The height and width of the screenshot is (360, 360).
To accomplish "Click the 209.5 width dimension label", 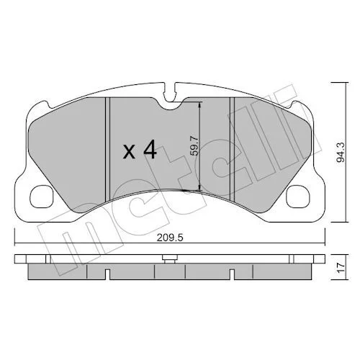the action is [170, 238].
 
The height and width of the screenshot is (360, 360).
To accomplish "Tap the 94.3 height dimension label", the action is [341, 152].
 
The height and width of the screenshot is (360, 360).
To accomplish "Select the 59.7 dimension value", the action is [194, 145].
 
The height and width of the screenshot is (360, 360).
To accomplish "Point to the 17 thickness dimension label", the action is [341, 267].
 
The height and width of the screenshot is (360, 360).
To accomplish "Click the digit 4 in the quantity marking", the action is [150, 150].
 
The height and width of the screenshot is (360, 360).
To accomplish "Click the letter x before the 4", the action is [129, 153].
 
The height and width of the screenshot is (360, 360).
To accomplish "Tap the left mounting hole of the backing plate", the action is [42, 197].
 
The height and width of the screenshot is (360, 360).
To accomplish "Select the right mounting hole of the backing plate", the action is [298, 197].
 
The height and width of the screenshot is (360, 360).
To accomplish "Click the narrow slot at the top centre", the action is [169, 92].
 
